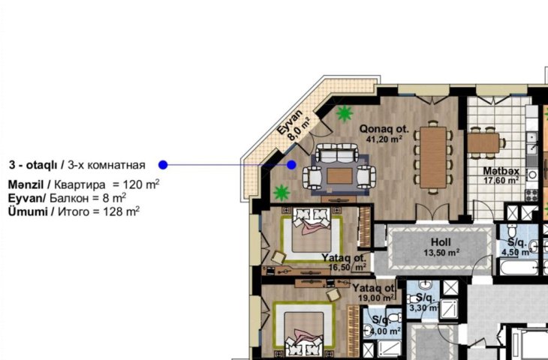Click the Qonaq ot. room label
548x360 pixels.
tap(384, 129)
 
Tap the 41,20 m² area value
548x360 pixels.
tap(384, 139)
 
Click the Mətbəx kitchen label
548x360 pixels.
tap(501, 171)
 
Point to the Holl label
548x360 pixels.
tap(441, 242)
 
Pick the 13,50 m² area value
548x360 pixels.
tap(441, 252)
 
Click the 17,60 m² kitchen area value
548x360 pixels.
tap(501, 181)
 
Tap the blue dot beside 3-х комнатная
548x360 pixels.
tap(163, 165)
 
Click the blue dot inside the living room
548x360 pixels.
tap(291, 165)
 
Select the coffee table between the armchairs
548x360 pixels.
tap(339, 175)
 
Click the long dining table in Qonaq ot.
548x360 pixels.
tap(433, 157)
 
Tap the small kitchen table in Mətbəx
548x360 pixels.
tap(483, 142)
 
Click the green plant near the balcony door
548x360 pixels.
tap(345, 113)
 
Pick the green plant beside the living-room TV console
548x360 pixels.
tap(282, 193)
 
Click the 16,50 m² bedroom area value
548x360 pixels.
tap(348, 268)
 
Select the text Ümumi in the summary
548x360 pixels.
tap(28, 211)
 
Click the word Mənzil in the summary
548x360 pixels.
tap(26, 184)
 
